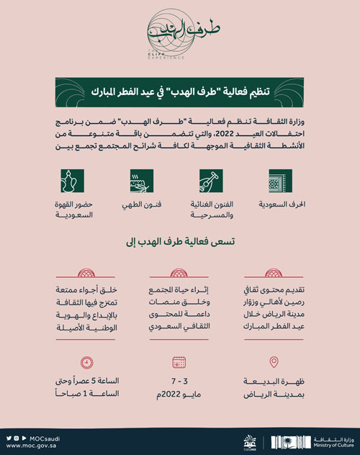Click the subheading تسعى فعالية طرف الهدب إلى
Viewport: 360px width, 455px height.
click(180, 245)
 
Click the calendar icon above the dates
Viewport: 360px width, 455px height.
click(179, 362)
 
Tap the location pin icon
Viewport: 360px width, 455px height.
click(273, 362)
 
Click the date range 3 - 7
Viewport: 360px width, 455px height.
click(180, 381)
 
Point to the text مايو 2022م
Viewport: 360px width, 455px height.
click(180, 394)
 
